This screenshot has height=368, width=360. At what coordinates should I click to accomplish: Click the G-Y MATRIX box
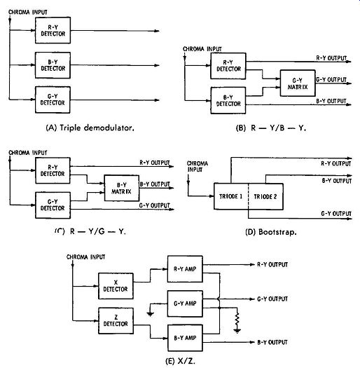[x=298, y=83]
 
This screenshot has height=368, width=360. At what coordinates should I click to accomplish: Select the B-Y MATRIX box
[x=121, y=188]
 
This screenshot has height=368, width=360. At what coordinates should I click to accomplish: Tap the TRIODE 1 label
[x=230, y=196]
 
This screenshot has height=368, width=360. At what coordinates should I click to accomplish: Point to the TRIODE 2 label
[x=265, y=196]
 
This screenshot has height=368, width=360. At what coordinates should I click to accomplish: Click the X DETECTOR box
[x=116, y=286]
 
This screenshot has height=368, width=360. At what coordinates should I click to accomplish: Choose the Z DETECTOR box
[x=116, y=320]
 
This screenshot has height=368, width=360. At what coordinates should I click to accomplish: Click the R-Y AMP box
[x=185, y=269]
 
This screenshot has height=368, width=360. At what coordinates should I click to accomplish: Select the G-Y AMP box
[x=185, y=304]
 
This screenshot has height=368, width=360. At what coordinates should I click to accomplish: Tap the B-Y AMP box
[x=185, y=338]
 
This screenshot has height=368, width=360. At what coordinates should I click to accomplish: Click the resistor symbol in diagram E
[x=237, y=320]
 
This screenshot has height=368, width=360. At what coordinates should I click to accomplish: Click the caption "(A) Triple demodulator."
[x=90, y=128]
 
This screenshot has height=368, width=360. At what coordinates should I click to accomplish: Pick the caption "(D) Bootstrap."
[x=271, y=232]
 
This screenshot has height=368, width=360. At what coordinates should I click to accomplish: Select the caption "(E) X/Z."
[x=181, y=361]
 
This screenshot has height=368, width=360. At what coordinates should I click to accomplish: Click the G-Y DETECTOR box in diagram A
[x=53, y=100]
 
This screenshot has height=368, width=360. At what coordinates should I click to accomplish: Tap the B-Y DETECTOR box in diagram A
[x=53, y=65]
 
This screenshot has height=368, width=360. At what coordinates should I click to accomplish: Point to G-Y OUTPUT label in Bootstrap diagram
[x=336, y=214]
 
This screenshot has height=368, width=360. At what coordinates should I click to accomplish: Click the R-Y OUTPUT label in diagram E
[x=272, y=264]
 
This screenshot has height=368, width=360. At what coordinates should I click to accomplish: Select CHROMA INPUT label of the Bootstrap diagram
[x=198, y=166]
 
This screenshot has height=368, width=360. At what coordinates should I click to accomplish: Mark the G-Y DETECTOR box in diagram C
[x=53, y=205]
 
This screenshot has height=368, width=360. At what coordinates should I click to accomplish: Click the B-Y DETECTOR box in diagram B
[x=228, y=100]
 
